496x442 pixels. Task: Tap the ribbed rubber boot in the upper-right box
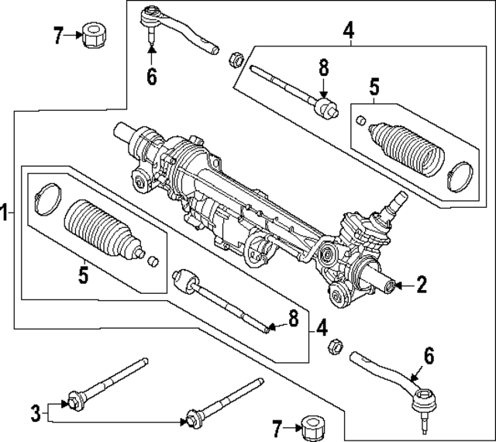click(406, 147)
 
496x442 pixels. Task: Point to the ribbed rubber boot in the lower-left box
click(99, 230)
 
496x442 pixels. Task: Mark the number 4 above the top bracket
click(349, 32)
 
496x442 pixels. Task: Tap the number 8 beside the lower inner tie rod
click(292, 319)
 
